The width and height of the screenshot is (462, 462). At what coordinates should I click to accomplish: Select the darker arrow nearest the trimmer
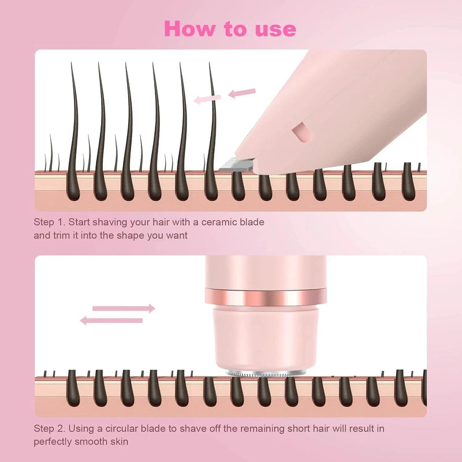click(x=242, y=92)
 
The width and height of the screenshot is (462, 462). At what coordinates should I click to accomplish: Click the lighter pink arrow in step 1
click(x=207, y=99)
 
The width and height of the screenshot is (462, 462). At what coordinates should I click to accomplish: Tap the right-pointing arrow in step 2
click(x=124, y=308)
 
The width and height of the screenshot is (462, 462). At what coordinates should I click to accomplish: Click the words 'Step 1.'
click(x=51, y=222)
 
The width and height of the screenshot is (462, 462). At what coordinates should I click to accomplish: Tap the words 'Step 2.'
click(x=51, y=429)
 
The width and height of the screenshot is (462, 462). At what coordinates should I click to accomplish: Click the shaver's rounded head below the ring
click(x=265, y=338)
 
